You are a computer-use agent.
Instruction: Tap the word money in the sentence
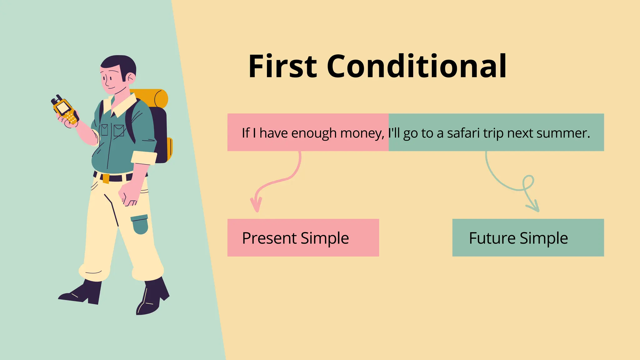[362, 133]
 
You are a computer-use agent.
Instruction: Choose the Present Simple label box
[303, 238]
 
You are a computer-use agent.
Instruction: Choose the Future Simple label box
[528, 238]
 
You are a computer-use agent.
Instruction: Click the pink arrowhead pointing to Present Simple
[256, 205]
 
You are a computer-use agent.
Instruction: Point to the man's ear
[131, 78]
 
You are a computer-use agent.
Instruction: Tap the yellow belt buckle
[106, 178]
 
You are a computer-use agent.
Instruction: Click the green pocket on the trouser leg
[140, 224]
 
